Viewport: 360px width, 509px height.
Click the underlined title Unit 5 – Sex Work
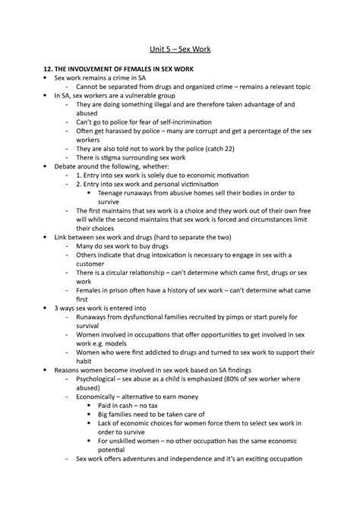pyautogui.click(x=179, y=50)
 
